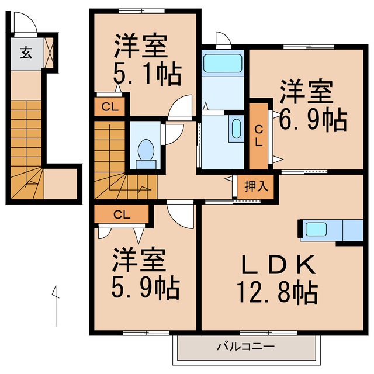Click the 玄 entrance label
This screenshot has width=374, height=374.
[26, 53]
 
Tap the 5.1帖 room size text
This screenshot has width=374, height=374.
[146, 74]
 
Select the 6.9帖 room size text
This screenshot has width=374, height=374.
[312, 120]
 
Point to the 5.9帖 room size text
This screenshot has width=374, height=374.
[146, 286]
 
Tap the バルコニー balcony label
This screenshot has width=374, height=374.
[245, 347]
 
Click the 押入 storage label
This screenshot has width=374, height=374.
[256, 187]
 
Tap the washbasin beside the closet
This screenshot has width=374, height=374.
[237, 128]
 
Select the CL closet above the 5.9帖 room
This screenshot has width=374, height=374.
[122, 214]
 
